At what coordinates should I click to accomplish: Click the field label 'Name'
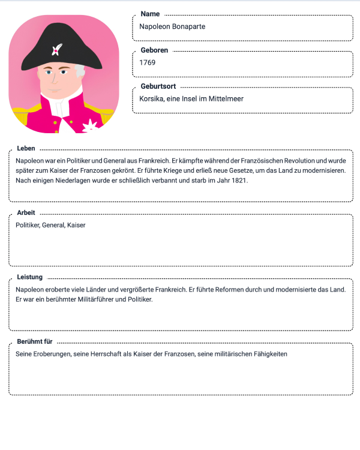150,14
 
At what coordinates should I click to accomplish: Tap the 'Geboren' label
154,50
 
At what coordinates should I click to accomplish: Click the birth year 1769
147,62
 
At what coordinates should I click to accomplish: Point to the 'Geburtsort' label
158,86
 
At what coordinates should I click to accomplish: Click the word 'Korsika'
152,98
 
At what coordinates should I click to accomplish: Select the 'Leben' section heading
26,148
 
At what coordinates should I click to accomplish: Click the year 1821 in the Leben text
239,180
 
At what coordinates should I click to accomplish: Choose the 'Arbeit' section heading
26,212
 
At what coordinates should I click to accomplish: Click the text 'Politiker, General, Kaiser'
50,225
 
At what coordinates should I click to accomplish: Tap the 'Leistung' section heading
30,277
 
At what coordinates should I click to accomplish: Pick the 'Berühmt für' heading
35,341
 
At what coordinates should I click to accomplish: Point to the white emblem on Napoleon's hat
57,48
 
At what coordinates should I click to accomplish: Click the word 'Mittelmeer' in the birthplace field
227,98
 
